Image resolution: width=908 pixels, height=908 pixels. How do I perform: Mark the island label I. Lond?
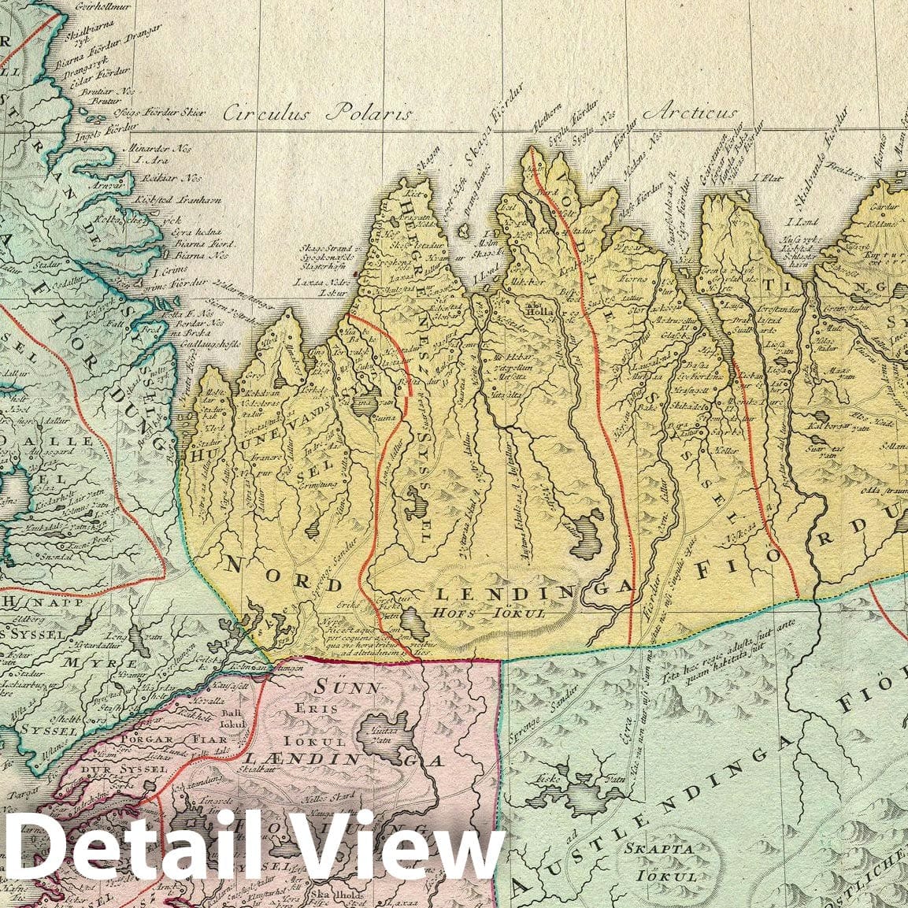point(803,223)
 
